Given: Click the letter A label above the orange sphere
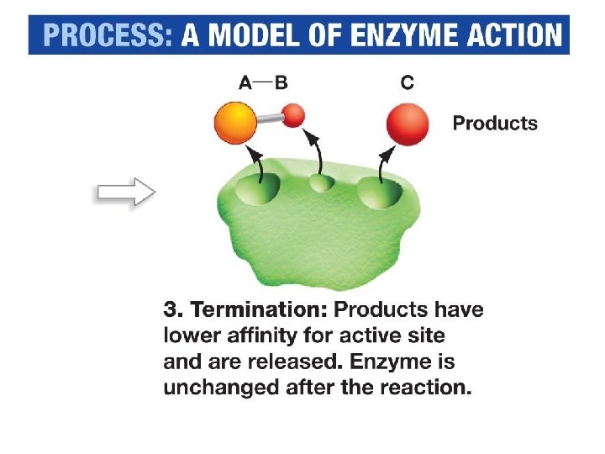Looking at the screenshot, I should [245, 82].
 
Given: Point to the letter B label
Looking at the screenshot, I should [281, 82].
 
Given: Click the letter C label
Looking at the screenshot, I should [407, 82].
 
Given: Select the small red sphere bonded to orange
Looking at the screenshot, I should [292, 115].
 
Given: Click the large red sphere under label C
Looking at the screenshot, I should [407, 124].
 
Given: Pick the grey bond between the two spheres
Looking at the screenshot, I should [270, 119].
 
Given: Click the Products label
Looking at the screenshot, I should [495, 124].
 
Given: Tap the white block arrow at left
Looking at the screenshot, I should [124, 193].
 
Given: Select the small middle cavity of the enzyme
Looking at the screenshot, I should [319, 184].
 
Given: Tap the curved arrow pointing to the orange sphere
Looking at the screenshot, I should [258, 161].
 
